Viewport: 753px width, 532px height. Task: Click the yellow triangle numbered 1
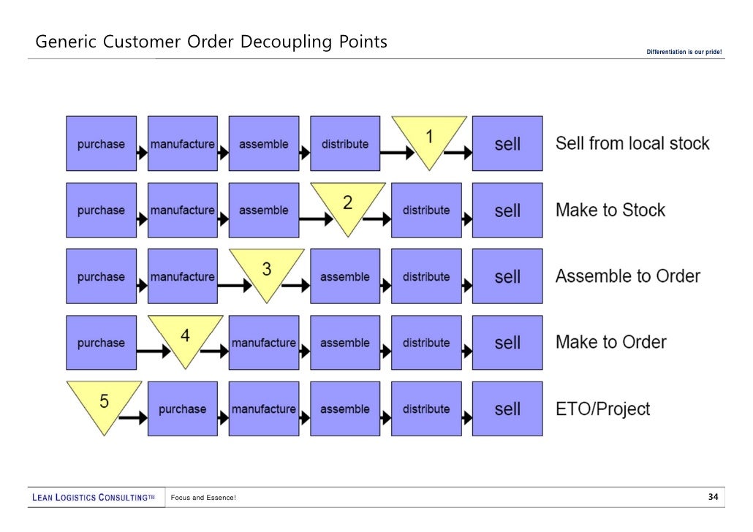tap(429, 139)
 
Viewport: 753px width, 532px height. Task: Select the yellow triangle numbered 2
tap(348, 205)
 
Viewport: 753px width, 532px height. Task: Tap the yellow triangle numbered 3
tap(267, 271)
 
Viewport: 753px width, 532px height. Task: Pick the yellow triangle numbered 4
tap(186, 338)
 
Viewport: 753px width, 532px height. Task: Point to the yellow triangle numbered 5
tap(104, 403)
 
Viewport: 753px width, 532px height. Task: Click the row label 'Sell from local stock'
tap(632, 143)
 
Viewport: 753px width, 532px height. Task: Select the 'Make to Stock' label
tap(610, 210)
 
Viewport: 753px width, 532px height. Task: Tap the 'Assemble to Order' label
tap(628, 276)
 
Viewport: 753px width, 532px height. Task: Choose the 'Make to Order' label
tap(611, 342)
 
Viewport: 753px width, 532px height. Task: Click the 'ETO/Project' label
tap(602, 409)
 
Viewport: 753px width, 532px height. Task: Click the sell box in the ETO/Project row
tap(507, 409)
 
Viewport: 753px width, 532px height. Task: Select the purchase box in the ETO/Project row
tap(182, 409)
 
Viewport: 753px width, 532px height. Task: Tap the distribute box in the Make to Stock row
tap(426, 210)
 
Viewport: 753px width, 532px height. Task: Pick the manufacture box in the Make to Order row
tap(264, 343)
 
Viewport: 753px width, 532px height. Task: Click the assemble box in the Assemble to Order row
tap(345, 277)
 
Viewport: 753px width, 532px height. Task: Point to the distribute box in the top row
tap(345, 144)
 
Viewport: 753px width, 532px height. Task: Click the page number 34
tap(714, 498)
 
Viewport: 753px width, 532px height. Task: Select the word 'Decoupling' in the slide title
tap(288, 42)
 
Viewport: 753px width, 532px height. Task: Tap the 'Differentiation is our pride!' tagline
tap(684, 51)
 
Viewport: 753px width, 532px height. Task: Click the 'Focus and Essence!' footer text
tap(203, 498)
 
